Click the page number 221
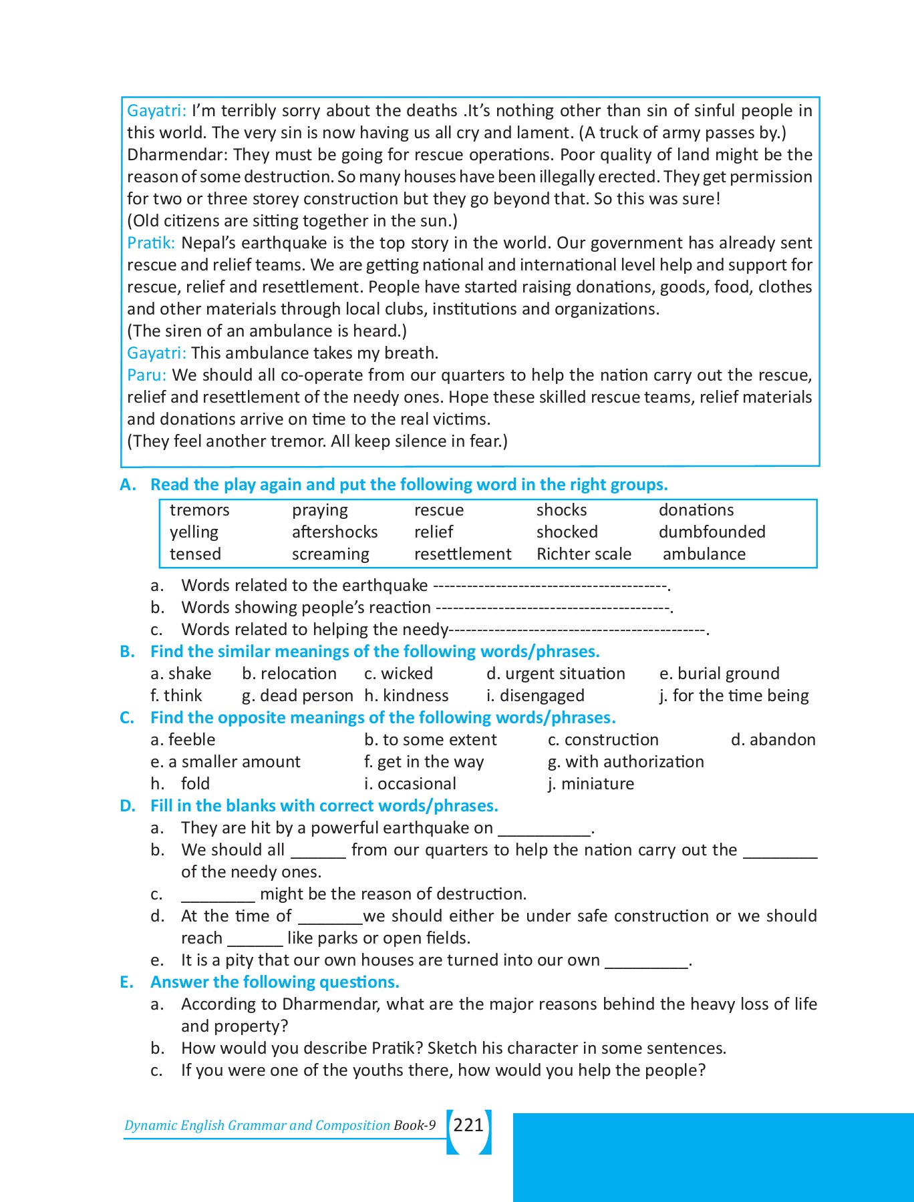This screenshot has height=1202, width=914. coord(468,1125)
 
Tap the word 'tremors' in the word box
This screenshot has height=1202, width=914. coord(199,510)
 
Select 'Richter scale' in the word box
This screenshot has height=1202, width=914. coord(583,554)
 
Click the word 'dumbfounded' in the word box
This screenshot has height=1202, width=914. coord(712,532)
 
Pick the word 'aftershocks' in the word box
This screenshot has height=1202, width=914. coord(334,532)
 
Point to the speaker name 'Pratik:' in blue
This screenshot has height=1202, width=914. coord(151,243)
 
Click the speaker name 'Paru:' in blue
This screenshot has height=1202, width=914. coord(146,375)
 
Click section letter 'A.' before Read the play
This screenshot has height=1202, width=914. coord(128,485)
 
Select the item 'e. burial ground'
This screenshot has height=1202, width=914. coord(719,674)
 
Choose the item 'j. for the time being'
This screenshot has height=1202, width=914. coord(734,696)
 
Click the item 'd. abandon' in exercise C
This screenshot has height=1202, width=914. coord(773,740)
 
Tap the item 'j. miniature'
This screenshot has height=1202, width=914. coord(591,784)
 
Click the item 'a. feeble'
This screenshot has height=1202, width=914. coord(183,740)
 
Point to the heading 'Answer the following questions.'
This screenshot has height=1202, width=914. coord(275,982)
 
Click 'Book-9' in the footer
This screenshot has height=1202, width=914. coord(414,1125)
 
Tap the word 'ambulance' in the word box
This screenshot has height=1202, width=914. coord(704,554)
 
